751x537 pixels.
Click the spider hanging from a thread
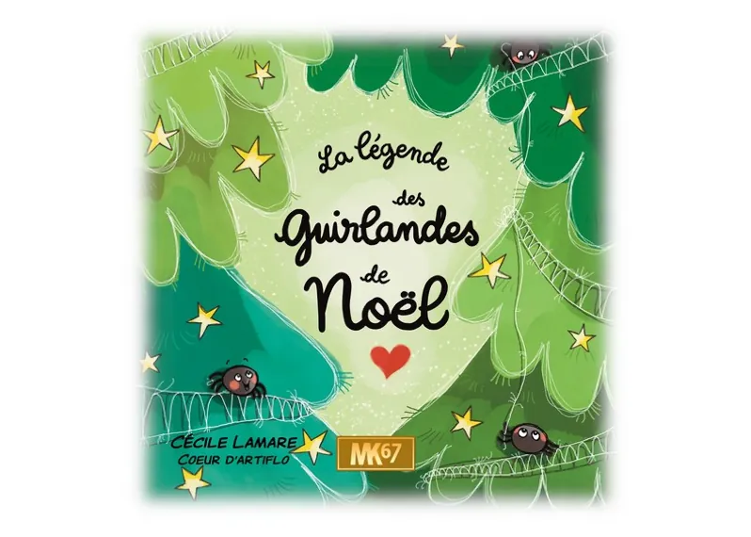[x=525, y=436]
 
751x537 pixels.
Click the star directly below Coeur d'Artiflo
[x=192, y=481]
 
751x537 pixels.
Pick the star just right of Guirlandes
[x=490, y=269]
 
